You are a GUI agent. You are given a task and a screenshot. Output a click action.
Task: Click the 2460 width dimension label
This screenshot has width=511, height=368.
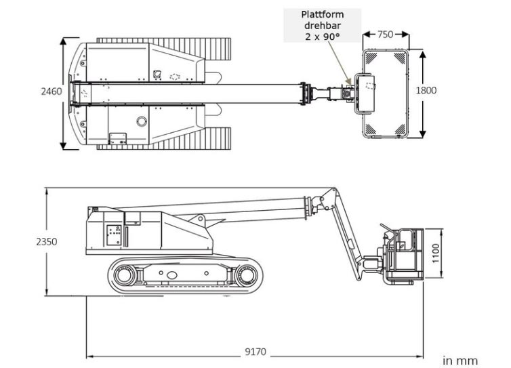[x=52, y=91]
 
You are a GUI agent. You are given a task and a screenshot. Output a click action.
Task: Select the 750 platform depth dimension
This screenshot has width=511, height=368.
[x=385, y=35]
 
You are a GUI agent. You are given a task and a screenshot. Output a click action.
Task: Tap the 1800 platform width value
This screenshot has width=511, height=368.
[x=426, y=90]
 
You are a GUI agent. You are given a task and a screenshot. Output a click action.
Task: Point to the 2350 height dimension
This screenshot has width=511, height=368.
[x=47, y=241]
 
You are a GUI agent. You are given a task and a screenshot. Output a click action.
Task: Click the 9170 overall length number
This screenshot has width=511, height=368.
[x=255, y=352]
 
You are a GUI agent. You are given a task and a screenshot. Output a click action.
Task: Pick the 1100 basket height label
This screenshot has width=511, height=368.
[x=436, y=253]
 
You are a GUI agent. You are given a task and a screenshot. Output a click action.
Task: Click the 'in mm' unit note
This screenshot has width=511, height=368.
[x=460, y=361]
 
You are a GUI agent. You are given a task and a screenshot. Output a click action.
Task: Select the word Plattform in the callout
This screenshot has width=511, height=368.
[x=323, y=15]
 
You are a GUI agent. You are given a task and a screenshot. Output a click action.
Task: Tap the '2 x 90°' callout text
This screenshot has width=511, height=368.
[x=323, y=37]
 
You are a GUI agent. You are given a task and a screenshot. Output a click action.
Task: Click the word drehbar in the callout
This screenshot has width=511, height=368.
[x=323, y=26]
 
